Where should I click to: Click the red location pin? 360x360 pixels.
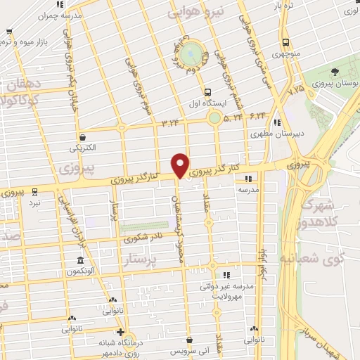(x=181, y=164)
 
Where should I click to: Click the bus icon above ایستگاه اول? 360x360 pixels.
(x=207, y=91)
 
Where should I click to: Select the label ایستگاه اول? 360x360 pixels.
(x=207, y=103)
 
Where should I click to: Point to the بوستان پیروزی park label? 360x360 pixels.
(x=337, y=83)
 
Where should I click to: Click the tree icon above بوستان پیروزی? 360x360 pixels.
(x=335, y=72)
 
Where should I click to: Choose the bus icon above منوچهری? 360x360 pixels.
(x=284, y=41)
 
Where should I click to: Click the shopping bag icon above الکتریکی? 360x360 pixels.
(x=84, y=137)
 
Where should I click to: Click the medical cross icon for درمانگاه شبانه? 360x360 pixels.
(x=120, y=333)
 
